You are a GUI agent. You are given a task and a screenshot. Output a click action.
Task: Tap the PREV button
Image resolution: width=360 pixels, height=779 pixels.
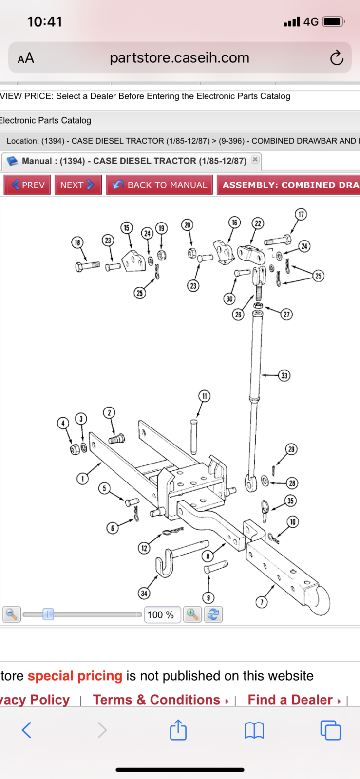[27, 185]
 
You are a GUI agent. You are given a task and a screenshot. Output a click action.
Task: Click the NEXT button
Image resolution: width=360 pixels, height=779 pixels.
[78, 185]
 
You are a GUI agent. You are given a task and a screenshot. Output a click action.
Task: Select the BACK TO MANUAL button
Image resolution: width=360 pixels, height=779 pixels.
[159, 185]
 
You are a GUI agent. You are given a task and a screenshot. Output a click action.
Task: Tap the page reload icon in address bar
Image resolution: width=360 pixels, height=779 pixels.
[336, 58]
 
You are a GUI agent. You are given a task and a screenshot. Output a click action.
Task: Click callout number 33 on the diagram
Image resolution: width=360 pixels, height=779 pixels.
[284, 375]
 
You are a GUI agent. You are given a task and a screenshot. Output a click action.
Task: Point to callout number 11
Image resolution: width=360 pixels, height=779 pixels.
[204, 396]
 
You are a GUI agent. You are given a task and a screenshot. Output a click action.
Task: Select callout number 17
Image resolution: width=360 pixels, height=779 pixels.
[301, 214]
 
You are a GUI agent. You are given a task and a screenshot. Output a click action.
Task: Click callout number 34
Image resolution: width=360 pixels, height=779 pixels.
[144, 593]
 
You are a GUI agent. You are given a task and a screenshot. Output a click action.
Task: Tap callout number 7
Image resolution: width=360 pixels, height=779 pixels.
[262, 602]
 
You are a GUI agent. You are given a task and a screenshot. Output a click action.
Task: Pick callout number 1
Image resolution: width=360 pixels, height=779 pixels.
[82, 479]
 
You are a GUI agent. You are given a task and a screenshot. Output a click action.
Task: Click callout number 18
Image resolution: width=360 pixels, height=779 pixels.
[77, 242]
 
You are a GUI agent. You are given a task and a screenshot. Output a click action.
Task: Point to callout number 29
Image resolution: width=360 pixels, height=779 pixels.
[291, 449]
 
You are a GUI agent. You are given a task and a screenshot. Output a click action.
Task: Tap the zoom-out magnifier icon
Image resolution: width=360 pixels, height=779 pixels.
[12, 614]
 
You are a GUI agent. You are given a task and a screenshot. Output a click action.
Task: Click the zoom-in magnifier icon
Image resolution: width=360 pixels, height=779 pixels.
[192, 614]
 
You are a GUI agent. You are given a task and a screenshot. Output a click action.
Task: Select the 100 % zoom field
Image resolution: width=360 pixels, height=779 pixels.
[162, 614]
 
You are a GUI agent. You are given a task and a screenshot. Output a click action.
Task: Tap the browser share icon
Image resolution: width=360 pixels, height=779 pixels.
[178, 730]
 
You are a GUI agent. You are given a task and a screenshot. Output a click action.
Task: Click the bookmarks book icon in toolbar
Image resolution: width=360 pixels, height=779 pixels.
[254, 730]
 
